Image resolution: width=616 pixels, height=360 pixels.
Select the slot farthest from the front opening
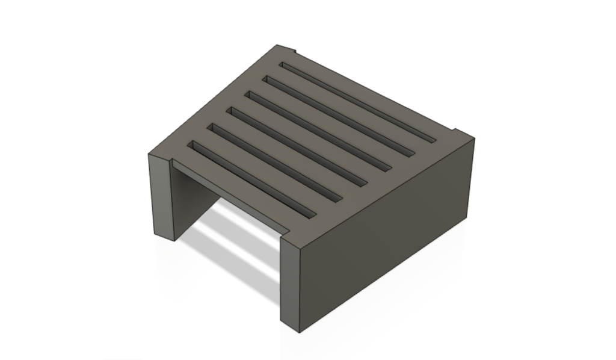(359, 102)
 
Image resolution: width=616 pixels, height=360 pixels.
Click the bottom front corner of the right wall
(298, 331)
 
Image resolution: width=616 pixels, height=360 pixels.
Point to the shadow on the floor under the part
(235, 259)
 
